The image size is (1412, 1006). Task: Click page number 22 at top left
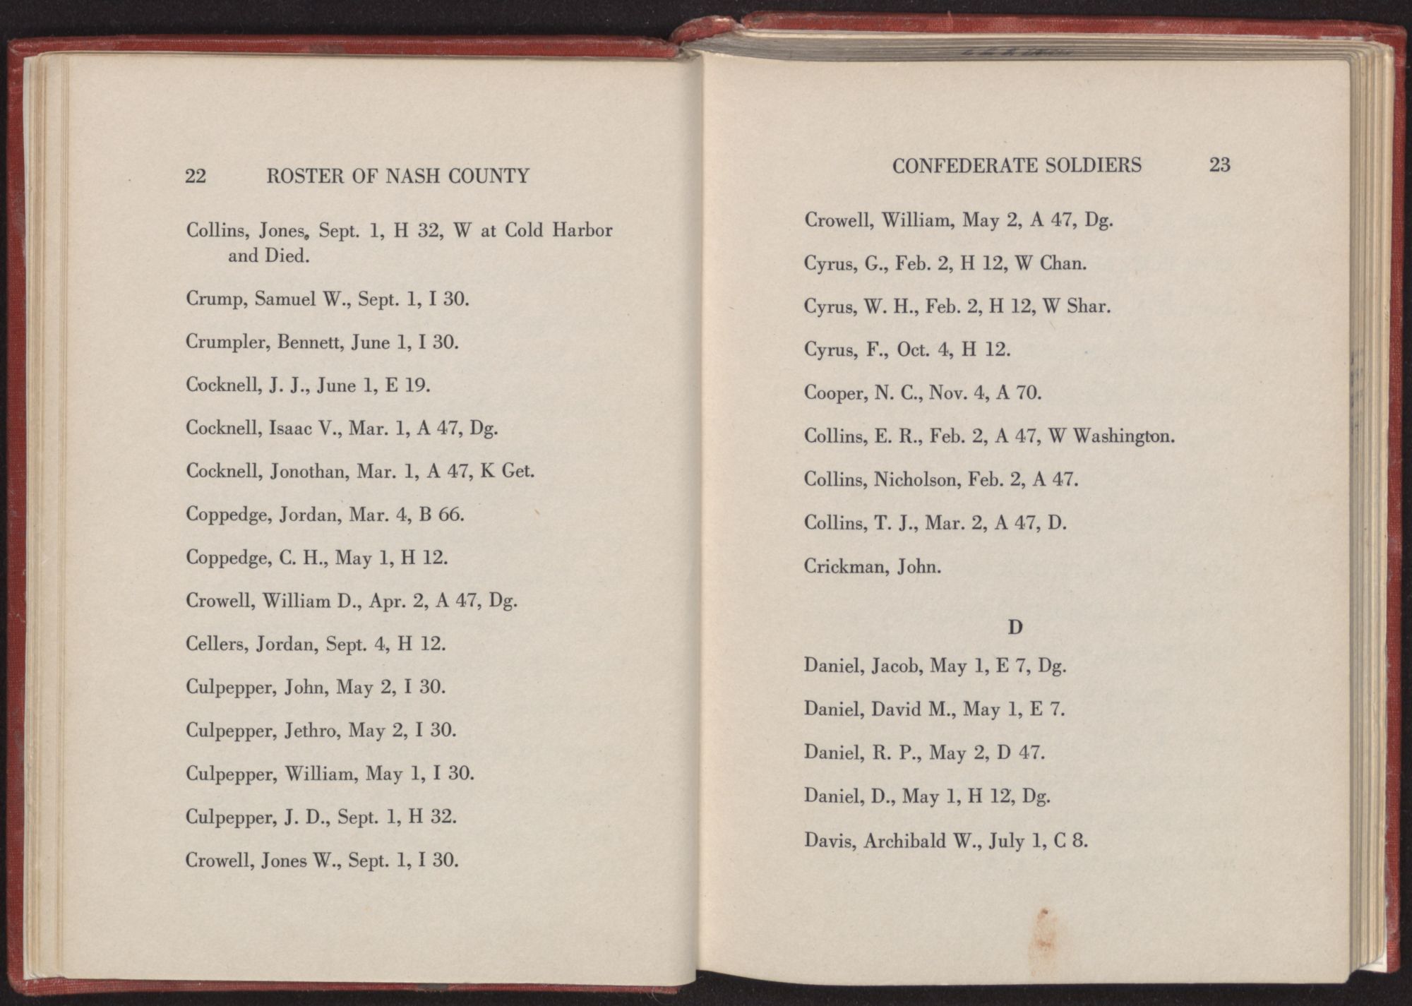click(x=196, y=176)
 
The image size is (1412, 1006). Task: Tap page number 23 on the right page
click(x=1220, y=164)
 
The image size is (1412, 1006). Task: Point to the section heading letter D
click(x=1015, y=626)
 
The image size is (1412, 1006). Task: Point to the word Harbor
click(x=582, y=231)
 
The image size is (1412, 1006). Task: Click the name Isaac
click(x=289, y=429)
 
